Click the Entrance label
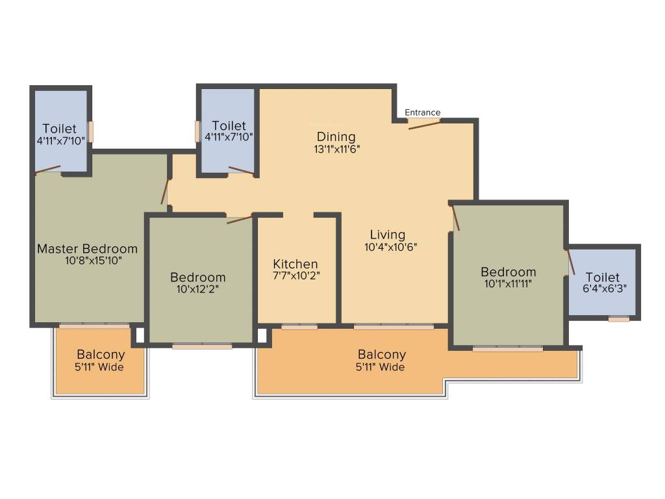423,112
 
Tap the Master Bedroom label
87,248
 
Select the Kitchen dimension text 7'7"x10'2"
295,275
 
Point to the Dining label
336,136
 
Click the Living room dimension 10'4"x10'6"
388,246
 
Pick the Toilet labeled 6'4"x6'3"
602,277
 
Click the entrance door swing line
424,124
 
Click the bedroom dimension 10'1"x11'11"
508,283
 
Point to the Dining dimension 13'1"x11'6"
336,148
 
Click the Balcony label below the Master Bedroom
101,355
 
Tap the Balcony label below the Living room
382,355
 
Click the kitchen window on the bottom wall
299,327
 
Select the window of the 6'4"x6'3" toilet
619,319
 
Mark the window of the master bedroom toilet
91,131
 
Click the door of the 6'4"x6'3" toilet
571,262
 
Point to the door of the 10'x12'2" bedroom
239,220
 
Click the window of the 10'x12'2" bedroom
202,346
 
